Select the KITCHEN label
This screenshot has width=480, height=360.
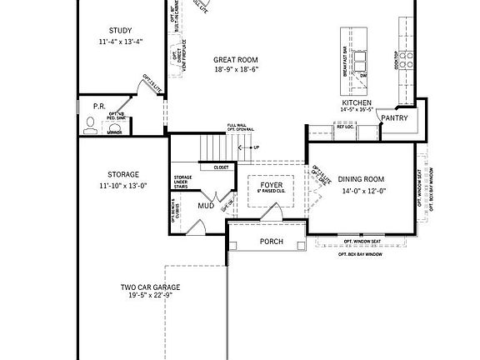click(x=356, y=102)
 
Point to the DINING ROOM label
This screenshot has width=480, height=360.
click(x=362, y=179)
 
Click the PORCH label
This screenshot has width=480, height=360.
click(x=271, y=242)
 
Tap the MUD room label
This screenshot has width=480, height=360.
click(x=205, y=205)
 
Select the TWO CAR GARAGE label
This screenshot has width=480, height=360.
click(x=149, y=287)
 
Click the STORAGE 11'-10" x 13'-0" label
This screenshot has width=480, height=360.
click(x=122, y=175)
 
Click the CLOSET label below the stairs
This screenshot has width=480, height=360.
click(x=221, y=167)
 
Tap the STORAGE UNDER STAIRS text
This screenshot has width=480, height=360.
click(x=182, y=182)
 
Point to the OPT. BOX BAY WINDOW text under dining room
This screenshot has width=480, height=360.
click(x=360, y=253)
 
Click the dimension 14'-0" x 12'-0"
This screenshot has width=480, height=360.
click(x=362, y=191)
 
